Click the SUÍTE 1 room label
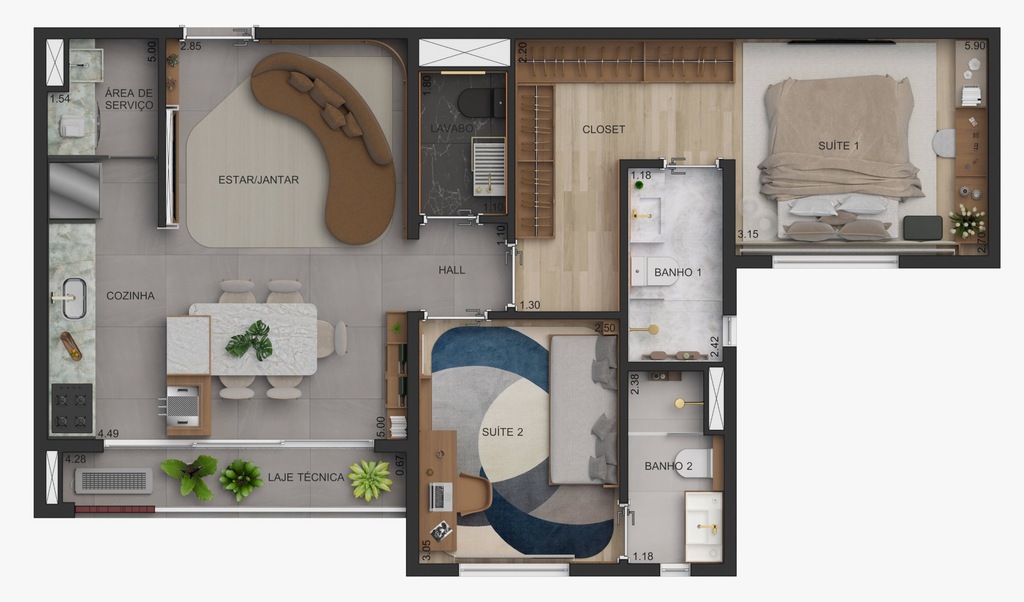[x=838, y=146]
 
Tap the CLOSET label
[x=603, y=129]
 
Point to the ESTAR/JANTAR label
[x=258, y=180]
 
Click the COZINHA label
[x=130, y=296]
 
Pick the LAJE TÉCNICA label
[x=305, y=478]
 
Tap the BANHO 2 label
[x=664, y=466]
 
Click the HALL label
[x=452, y=270]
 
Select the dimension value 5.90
[x=974, y=46]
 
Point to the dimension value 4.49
[x=107, y=433]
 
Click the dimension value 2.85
[x=190, y=46]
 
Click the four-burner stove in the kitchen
[x=72, y=407]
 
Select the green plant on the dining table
[x=250, y=341]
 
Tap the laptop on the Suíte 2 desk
[x=440, y=495]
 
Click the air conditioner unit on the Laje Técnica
[x=114, y=481]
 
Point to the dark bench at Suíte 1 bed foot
[x=922, y=228]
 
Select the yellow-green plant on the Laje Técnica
[x=370, y=480]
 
